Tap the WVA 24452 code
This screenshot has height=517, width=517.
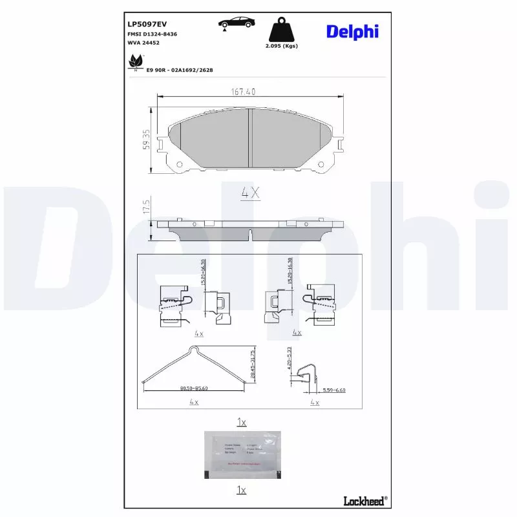(144, 43)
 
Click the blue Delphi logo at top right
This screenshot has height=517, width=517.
(352, 31)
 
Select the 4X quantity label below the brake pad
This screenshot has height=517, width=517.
(249, 193)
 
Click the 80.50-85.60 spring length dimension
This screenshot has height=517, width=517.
(194, 388)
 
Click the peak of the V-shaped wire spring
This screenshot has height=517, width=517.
(193, 350)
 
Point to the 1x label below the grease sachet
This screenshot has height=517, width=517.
(241, 491)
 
